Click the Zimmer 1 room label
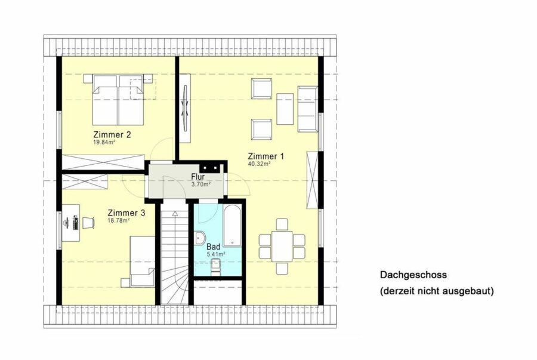pyautogui.click(x=266, y=156)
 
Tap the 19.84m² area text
pyautogui.click(x=104, y=142)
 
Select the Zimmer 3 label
pyautogui.click(x=126, y=213)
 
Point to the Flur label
pyautogui.click(x=198, y=177)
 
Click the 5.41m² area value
pyautogui.click(x=216, y=254)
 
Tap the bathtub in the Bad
pyautogui.click(x=232, y=226)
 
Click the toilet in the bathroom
pyautogui.click(x=216, y=267)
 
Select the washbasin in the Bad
pyautogui.click(x=200, y=238)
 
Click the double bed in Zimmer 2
pyautogui.click(x=118, y=99)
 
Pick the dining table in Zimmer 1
pyautogui.click(x=282, y=247)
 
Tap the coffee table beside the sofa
pyautogui.click(x=285, y=109)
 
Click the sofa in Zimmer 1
pyautogui.click(x=307, y=109)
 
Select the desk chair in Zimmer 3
pyautogui.click(x=88, y=223)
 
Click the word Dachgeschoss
pyautogui.click(x=413, y=275)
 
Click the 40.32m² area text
pyautogui.click(x=259, y=164)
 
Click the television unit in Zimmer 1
pyautogui.click(x=186, y=108)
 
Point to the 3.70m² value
pyautogui.click(x=200, y=184)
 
